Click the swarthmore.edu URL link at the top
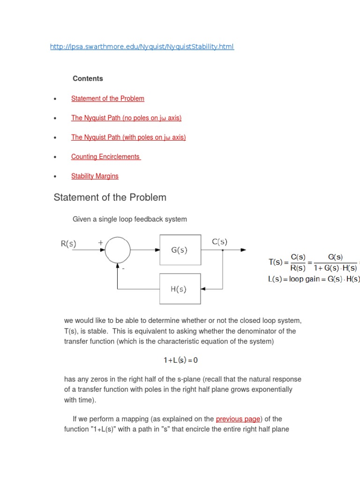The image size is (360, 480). point(142,47)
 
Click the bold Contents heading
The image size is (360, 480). point(88,79)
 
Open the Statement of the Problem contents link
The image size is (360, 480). point(108,98)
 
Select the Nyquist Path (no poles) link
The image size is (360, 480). point(126,118)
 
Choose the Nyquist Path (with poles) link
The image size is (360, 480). point(128,137)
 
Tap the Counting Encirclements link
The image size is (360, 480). point(105,157)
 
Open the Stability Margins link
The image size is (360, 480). point(95,176)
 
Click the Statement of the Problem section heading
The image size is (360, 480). point(110,197)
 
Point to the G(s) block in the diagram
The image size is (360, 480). point(179,250)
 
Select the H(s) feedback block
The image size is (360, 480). point(179,289)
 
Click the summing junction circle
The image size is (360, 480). point(118,250)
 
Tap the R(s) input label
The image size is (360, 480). point(69,243)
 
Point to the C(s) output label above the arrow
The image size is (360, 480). point(219,242)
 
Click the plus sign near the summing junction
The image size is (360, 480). point(100,242)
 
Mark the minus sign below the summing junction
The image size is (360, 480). point(123,270)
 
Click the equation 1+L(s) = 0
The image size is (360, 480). point(180,360)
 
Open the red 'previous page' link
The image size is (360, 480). point(238,419)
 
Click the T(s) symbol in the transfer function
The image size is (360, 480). point(275,262)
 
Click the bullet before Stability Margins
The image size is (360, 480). point(55,177)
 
